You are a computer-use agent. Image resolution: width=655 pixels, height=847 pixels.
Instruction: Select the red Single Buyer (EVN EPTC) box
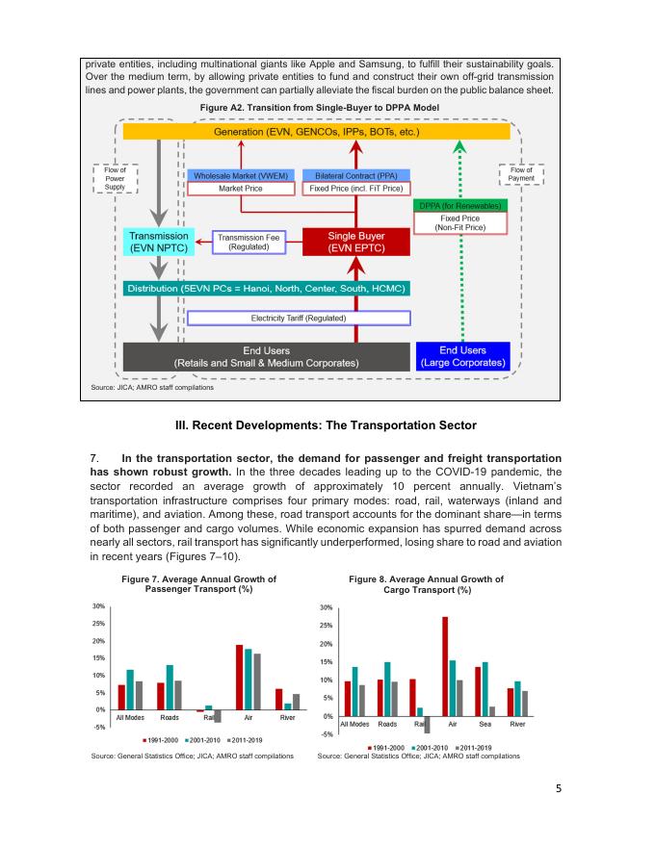click(356, 242)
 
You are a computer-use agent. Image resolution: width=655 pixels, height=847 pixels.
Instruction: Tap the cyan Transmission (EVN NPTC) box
click(158, 242)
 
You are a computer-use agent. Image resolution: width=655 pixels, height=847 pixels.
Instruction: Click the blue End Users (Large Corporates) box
click(462, 356)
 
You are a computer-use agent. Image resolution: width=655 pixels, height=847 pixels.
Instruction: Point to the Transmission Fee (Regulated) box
click(248, 242)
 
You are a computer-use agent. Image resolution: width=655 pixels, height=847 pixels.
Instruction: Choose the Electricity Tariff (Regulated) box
click(299, 318)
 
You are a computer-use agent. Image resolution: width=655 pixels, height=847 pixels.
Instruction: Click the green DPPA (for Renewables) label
click(461, 206)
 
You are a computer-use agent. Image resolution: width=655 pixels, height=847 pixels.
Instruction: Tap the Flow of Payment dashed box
click(522, 174)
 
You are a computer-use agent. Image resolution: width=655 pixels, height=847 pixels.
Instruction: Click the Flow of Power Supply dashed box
click(115, 177)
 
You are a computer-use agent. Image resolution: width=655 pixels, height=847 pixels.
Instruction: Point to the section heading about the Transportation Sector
click(327, 425)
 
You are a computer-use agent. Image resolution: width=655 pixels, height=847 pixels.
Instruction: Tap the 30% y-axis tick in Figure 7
click(98, 606)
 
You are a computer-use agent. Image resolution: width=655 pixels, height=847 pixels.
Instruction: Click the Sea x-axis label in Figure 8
click(485, 724)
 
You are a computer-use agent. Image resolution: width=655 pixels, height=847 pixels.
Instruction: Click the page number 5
click(559, 788)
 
